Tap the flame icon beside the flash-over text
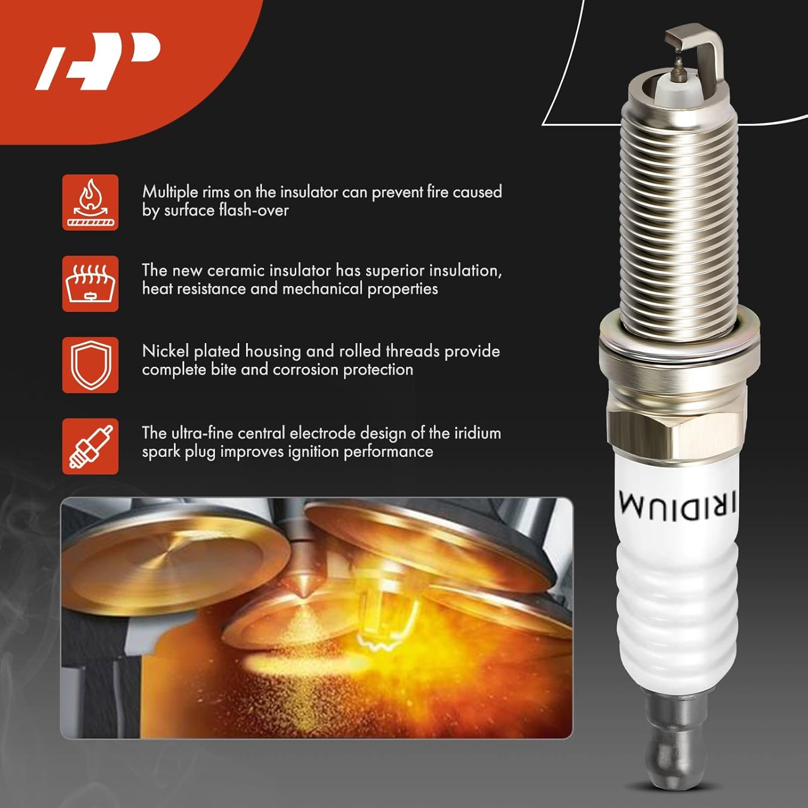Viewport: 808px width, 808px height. point(90,203)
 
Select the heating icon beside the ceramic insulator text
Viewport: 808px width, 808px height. point(90,284)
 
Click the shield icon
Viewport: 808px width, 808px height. point(90,365)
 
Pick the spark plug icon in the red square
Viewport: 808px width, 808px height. point(90,447)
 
